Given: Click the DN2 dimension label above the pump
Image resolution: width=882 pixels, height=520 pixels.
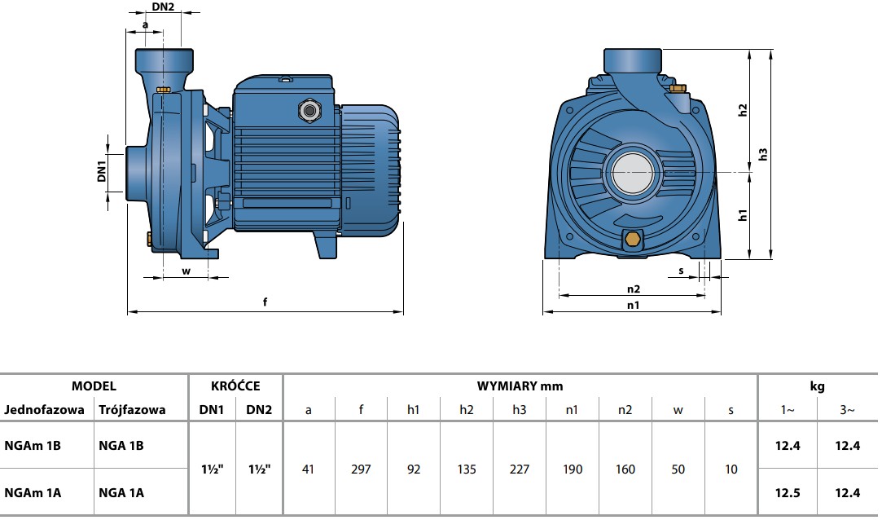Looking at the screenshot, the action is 163,7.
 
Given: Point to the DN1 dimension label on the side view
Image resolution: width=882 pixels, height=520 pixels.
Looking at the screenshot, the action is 102,171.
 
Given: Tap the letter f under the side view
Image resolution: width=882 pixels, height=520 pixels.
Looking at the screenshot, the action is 265,302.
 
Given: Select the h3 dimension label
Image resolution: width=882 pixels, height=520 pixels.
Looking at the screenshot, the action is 763,154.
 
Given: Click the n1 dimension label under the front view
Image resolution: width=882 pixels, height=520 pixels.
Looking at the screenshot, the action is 634,305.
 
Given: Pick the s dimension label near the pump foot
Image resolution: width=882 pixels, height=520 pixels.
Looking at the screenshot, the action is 681,271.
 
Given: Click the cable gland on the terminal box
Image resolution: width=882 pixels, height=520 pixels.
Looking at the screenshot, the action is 309,110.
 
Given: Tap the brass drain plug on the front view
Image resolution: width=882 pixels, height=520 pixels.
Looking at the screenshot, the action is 632,239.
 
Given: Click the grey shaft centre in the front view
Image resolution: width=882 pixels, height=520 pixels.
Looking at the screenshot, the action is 633,173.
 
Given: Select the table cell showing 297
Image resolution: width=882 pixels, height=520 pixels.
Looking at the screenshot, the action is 361,469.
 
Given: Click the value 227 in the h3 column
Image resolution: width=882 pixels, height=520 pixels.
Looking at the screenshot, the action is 520,469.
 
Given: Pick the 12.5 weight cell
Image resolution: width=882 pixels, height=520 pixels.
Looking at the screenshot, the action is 788,492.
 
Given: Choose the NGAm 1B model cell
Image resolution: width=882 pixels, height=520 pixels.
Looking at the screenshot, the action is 33,445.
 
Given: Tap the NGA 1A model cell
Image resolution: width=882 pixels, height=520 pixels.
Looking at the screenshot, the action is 121,492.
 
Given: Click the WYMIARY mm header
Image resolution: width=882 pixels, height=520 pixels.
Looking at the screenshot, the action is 520,386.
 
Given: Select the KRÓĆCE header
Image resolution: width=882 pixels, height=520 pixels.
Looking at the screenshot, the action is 235,386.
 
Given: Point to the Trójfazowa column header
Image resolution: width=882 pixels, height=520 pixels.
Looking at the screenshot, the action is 132,410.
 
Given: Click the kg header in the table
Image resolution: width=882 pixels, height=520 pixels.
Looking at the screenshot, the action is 818,386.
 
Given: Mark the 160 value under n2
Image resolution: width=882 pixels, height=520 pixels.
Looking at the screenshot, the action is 625,469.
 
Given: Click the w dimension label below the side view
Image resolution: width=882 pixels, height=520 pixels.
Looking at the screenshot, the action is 186,271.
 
